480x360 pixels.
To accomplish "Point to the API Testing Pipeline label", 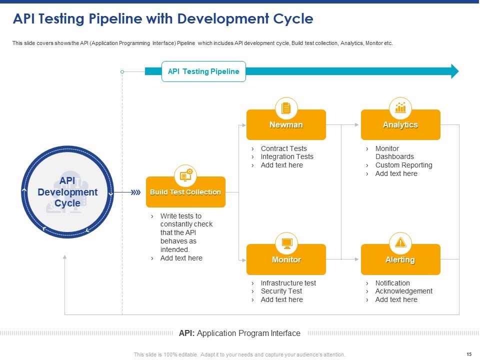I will click(203, 71).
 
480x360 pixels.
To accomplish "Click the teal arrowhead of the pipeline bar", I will click(454, 71).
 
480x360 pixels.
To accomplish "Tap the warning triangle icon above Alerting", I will click(400, 243).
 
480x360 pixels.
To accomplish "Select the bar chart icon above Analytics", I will click(400, 107).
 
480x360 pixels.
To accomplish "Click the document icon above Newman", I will click(286, 107).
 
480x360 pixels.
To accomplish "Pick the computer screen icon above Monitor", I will click(286, 243).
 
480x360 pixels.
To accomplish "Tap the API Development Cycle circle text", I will click(67, 192).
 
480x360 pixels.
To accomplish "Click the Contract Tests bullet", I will click(283, 148).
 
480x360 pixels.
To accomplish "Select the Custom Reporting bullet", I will click(403, 165).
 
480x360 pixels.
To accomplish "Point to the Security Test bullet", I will click(281, 291).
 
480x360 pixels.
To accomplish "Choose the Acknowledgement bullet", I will click(403, 291).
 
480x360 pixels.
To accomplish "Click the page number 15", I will click(468, 354).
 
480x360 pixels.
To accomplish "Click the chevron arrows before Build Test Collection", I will click(135, 192).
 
